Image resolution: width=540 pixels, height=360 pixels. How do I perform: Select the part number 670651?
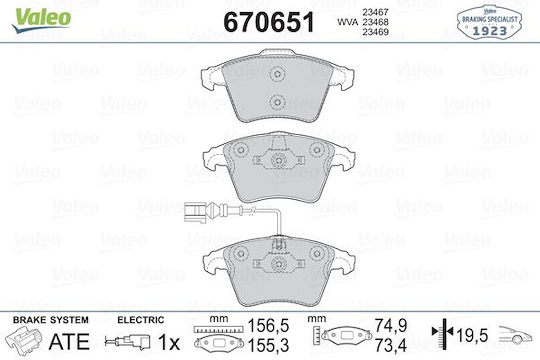pyautogui.click(x=269, y=22)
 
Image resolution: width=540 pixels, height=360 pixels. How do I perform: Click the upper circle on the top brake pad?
pyautogui.click(x=277, y=74)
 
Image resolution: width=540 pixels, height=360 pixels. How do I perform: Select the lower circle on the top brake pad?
pyautogui.click(x=277, y=102)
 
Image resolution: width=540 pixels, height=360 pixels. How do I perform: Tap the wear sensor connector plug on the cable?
pyautogui.click(x=197, y=211)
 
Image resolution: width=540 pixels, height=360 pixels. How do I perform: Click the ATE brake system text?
pyautogui.click(x=69, y=341)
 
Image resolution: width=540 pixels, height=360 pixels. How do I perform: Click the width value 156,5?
pyautogui.click(x=269, y=326)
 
